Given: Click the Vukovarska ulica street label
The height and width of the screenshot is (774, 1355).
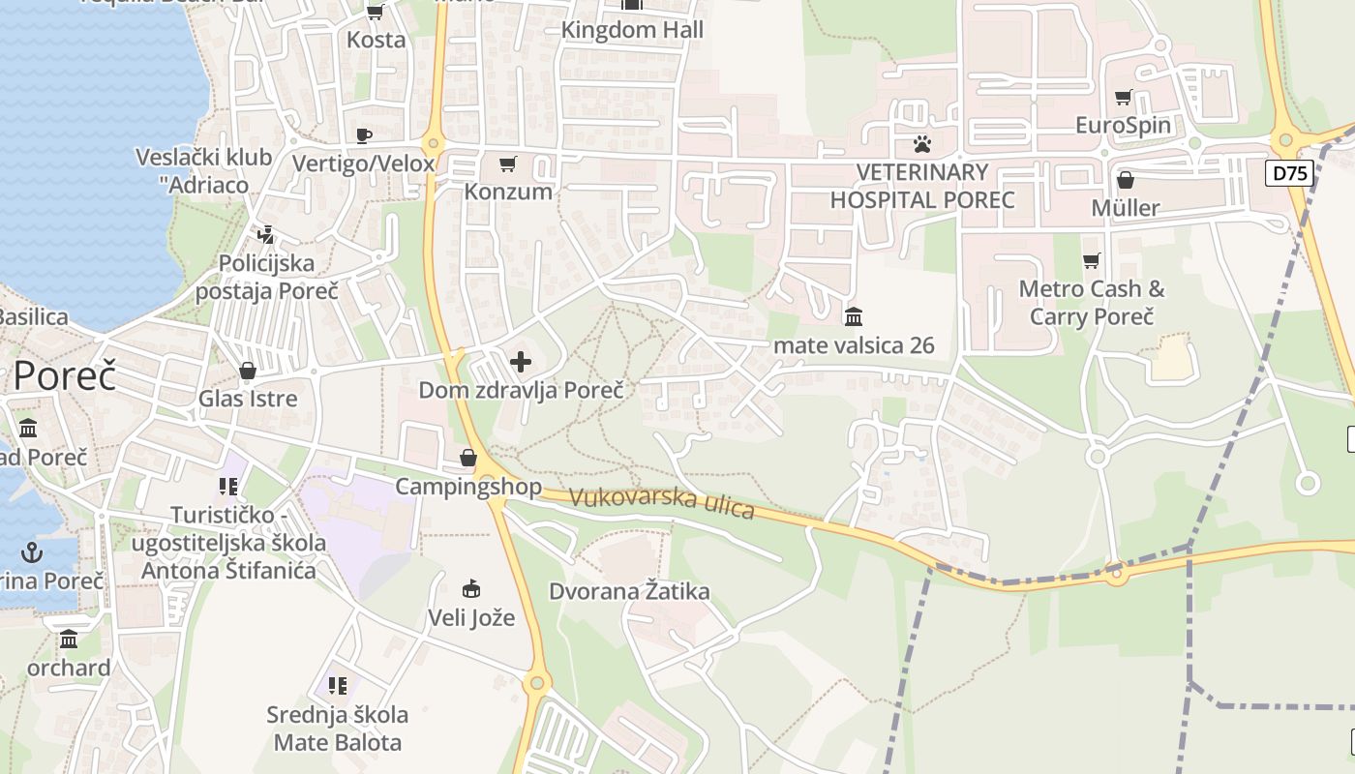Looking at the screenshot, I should click(662, 502).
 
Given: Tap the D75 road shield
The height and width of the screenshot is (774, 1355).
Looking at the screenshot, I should click(1289, 174).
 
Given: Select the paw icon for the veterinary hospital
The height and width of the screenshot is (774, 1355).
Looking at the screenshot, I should click(922, 144).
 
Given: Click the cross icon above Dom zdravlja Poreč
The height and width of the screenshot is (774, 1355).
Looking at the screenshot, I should click(521, 362).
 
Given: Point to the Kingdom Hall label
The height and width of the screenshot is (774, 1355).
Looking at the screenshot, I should click(633, 30).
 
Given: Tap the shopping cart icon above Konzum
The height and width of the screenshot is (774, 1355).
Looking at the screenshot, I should click(508, 164).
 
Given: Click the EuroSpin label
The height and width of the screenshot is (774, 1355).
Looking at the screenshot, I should click(1124, 125).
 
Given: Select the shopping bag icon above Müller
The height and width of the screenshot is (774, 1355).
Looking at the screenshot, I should click(1126, 180).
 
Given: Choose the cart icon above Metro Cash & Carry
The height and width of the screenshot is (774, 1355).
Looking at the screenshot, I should click(1092, 260).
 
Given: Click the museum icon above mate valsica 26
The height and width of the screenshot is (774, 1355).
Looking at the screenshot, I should click(854, 316).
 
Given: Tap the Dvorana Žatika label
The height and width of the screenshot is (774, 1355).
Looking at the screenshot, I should click(630, 591).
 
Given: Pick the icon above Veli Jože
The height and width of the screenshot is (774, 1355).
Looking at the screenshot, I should click(471, 588).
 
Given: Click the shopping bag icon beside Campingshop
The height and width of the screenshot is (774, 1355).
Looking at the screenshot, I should click(468, 458).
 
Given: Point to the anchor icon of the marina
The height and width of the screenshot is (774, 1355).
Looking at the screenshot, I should click(33, 552).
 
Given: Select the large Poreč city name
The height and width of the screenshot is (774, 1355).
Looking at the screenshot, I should click(64, 375).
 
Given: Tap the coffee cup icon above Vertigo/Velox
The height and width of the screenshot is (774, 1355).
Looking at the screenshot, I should click(364, 135).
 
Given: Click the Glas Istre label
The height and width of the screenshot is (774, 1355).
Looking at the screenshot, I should click(248, 398).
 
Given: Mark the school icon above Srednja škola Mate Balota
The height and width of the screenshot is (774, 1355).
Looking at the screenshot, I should click(337, 686).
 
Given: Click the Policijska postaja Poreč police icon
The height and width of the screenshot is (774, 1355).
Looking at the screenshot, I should click(265, 234).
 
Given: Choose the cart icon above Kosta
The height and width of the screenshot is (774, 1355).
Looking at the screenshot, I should click(376, 13).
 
